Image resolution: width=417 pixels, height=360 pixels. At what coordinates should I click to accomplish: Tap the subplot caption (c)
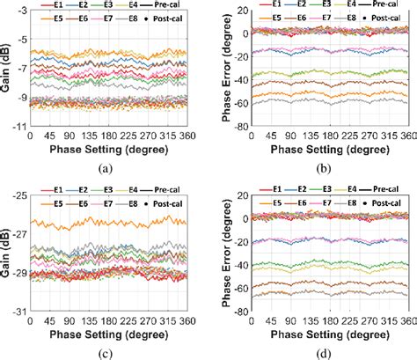coord(105,351)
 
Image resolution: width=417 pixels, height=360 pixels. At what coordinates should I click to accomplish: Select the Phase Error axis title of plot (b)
coord(214,68)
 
